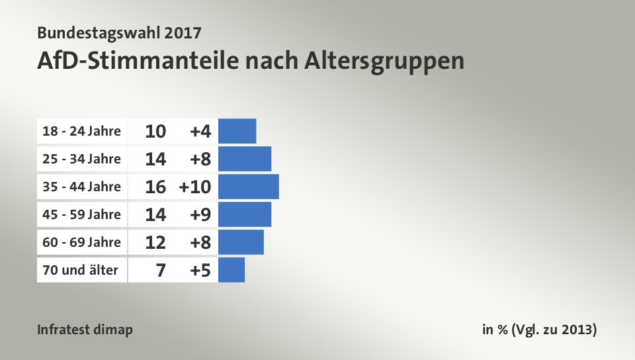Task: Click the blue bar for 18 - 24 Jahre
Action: pos(237,131)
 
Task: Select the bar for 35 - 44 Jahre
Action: pos(248,187)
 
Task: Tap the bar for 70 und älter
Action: pos(231,270)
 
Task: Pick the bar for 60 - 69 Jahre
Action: pos(240,242)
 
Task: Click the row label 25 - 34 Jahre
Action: pos(81,159)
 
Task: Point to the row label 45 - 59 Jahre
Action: pos(81,214)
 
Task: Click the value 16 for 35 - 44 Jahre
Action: pos(155,187)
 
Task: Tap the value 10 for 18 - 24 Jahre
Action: pos(155,131)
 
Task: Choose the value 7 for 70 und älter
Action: pos(161,270)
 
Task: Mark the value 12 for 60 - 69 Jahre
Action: pos(155,242)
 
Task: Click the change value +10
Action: pos(194,187)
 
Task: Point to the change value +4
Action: pos(200,131)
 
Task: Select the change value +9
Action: pos(200,214)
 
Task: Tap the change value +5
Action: pos(200,270)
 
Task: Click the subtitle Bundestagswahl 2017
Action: pos(120,32)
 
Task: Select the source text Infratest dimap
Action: pos(85,330)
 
